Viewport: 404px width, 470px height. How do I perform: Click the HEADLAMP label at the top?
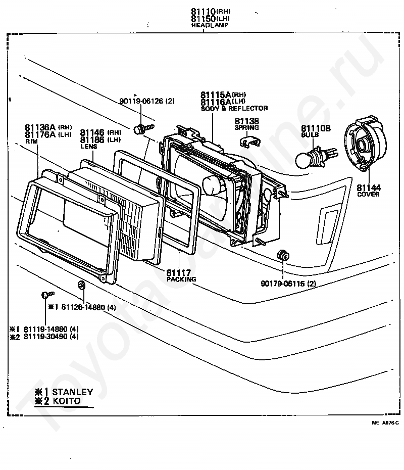pyautogui.click(x=203, y=25)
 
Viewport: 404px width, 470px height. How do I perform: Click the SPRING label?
pyautogui.click(x=246, y=128)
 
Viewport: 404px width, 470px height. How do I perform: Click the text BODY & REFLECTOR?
pyautogui.click(x=234, y=109)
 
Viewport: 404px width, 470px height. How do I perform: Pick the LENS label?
pyautogui.click(x=88, y=147)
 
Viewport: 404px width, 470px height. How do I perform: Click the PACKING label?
pyautogui.click(x=181, y=279)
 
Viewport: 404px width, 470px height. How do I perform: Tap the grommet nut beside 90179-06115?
pyautogui.click(x=283, y=255)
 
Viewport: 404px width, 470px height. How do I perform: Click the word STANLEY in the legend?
pyautogui.click(x=72, y=392)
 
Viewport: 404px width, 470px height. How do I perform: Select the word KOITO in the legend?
pyautogui.click(x=67, y=401)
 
